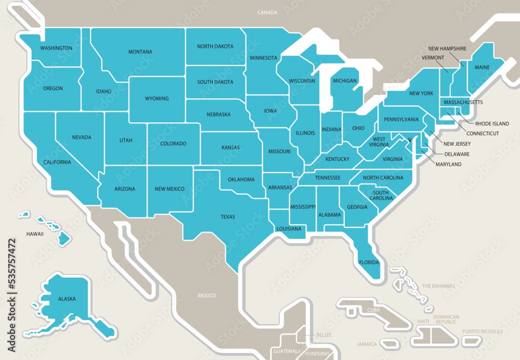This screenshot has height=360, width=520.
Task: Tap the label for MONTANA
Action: pyautogui.click(x=140, y=52)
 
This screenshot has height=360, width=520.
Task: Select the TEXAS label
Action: pyautogui.click(x=227, y=216)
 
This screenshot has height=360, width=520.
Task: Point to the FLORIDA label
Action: pyautogui.click(x=369, y=262)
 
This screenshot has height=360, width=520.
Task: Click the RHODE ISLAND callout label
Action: pyautogui.click(x=492, y=124)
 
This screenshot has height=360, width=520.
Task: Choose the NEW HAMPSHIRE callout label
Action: pyautogui.click(x=447, y=48)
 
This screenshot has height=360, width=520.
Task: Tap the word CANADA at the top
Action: pyautogui.click(x=267, y=12)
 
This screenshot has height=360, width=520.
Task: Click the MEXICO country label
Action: pyautogui.click(x=206, y=295)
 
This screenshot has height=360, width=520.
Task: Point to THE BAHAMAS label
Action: pyautogui.click(x=438, y=286)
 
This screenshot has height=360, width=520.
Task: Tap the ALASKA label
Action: pyautogui.click(x=67, y=299)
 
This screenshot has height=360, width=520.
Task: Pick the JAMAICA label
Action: pyautogui.click(x=367, y=344)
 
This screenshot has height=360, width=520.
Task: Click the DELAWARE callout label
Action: pyautogui.click(x=457, y=154)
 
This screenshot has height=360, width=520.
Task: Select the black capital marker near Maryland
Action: pyautogui.click(x=410, y=139)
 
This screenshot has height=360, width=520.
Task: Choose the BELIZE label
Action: pyautogui.click(x=324, y=335)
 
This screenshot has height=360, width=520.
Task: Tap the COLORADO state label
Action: pyautogui.click(x=173, y=144)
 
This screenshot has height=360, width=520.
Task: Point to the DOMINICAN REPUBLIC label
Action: pyautogui.click(x=447, y=319)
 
